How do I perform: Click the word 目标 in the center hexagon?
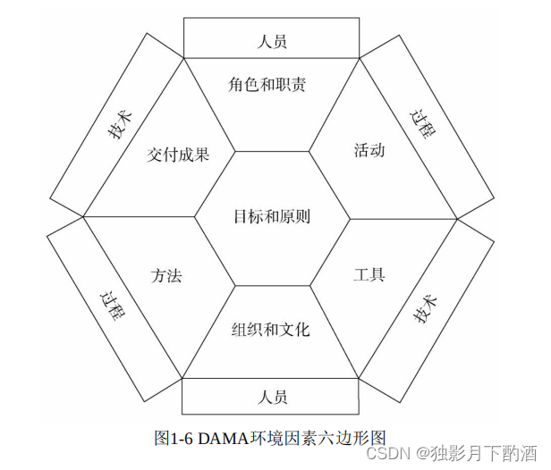tap(249, 217)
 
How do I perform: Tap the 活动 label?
tap(369, 150)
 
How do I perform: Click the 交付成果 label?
tap(179, 155)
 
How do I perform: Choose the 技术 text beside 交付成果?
tap(121, 126)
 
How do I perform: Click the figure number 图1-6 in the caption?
tap(174, 438)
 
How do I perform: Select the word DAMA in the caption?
tap(221, 438)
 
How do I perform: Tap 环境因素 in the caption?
tap(279, 438)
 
